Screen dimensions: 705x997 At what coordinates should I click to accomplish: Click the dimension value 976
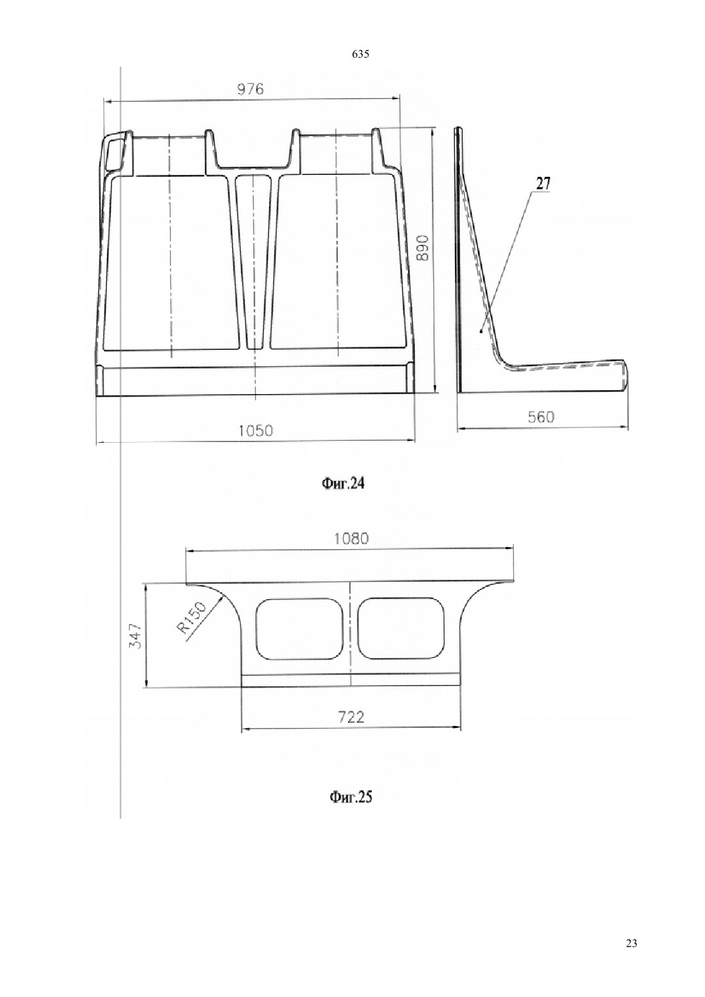[x=250, y=90]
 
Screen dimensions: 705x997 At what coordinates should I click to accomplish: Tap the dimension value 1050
[x=256, y=431]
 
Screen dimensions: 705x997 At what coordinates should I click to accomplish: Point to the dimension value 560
[x=541, y=417]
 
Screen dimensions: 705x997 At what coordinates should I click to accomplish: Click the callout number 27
[x=543, y=183]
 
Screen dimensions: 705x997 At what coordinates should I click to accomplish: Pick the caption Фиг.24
[x=343, y=483]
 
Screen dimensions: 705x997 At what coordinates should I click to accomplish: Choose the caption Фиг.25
[x=351, y=797]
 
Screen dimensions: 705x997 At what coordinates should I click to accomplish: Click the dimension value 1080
[x=352, y=539]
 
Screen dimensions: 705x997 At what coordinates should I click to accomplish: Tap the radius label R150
[x=192, y=617]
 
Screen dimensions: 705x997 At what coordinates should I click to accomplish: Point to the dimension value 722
[x=351, y=717]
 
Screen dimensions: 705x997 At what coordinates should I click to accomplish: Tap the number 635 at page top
[x=360, y=54]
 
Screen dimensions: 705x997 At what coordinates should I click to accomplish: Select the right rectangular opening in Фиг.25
[x=401, y=629]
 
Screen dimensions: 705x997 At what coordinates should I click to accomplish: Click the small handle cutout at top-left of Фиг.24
[x=115, y=153]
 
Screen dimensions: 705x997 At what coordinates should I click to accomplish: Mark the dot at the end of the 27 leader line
[x=481, y=331]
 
